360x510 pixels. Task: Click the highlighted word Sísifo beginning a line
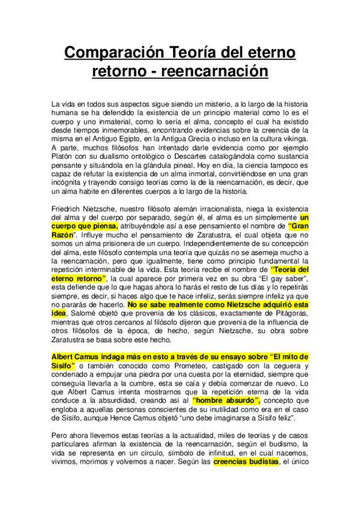pyautogui.click(x=63, y=367)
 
